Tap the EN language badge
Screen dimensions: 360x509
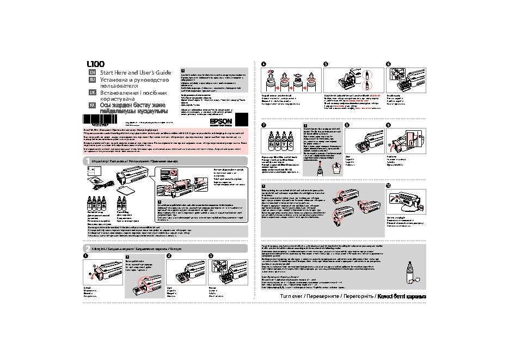coord(92,72)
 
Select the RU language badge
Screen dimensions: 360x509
coord(92,80)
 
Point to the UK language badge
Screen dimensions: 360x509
coord(92,93)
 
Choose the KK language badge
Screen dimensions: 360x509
coord(92,106)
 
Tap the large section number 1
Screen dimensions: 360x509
coord(87,162)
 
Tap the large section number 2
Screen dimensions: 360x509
coord(87,248)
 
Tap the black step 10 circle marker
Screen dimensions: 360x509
coord(388,186)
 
